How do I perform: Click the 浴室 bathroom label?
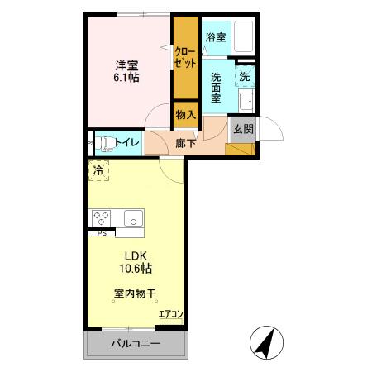tap(215, 37)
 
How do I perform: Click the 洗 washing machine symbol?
tap(246, 77)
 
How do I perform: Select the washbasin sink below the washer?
tap(246, 103)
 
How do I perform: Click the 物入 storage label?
tap(185, 114)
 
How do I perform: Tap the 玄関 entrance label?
tap(243, 129)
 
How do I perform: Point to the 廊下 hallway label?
tap(186, 143)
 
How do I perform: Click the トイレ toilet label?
tap(126, 142)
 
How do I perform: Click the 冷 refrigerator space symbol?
tap(99, 171)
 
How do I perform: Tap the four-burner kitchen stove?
tap(102, 218)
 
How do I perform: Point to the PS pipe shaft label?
tap(102, 233)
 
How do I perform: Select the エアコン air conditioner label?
tap(170, 314)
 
